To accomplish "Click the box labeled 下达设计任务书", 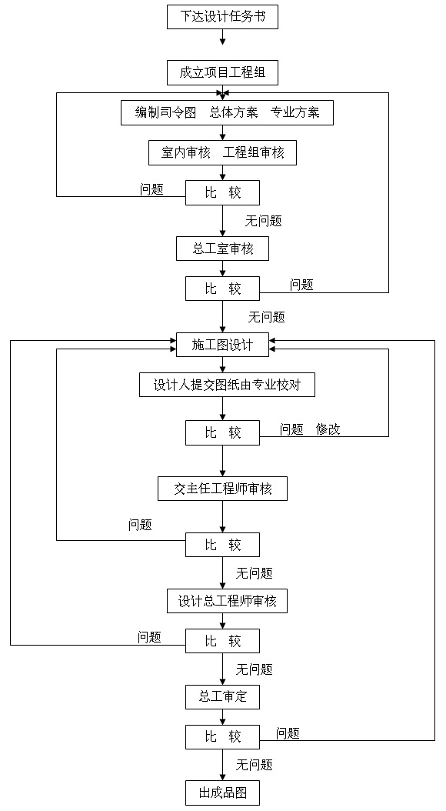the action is [x=223, y=17].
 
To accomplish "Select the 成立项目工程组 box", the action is [x=223, y=72].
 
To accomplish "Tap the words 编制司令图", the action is [x=166, y=112].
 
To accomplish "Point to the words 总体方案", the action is [x=234, y=112].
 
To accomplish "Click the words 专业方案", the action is [x=295, y=112].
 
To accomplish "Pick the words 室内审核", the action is [x=185, y=152].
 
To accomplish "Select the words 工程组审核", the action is [x=254, y=152].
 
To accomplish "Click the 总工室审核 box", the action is [x=223, y=249].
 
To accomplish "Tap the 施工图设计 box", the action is [x=223, y=345].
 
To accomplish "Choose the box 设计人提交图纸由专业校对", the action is [x=227, y=385].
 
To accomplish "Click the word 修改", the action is [x=328, y=429].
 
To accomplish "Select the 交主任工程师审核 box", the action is [x=223, y=489].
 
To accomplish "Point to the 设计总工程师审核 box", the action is [x=227, y=601].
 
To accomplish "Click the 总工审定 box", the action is [x=223, y=696].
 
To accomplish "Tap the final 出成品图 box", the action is [x=223, y=793].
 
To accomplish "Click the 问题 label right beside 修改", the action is [x=291, y=429].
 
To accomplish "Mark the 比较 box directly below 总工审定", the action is [x=223, y=736].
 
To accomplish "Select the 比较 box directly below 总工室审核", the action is [x=223, y=289].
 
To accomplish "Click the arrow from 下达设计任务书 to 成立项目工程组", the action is [x=223, y=37].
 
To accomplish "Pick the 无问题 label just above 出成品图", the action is [x=255, y=765].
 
